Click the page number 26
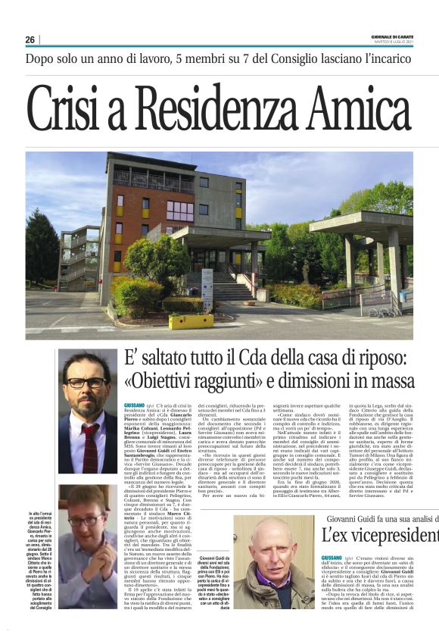point(30,39)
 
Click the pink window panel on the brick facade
point(180,211)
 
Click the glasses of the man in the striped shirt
point(86,521)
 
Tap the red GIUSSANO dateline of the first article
point(133,406)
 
